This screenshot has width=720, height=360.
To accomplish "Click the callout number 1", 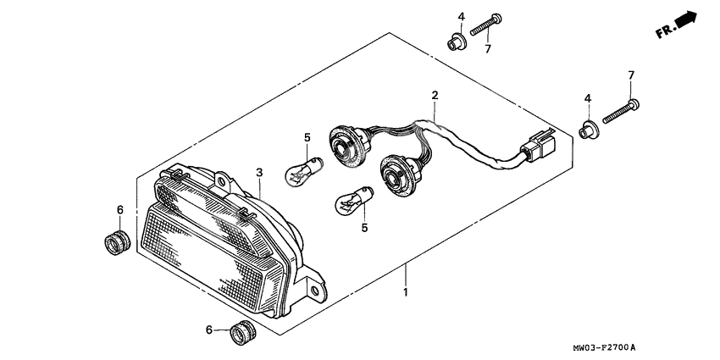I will coord(406,292).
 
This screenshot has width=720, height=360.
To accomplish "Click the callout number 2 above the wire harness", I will coord(434,96).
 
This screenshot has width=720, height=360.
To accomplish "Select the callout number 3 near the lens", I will coord(260,172).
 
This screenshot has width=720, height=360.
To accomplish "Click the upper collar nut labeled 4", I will coord(457,40).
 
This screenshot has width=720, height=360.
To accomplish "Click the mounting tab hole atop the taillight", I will coord(222,180).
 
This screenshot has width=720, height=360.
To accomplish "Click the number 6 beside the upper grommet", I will coord(120,209).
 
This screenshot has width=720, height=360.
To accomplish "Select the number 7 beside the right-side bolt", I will coord(631,76).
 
